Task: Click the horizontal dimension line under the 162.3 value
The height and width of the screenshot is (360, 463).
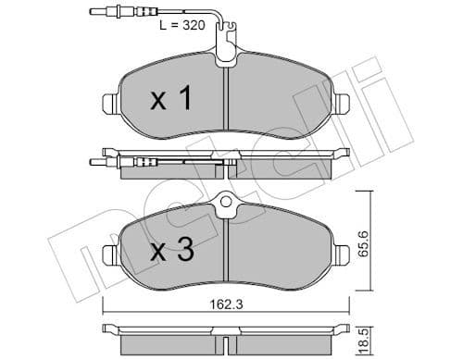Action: (227, 312)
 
